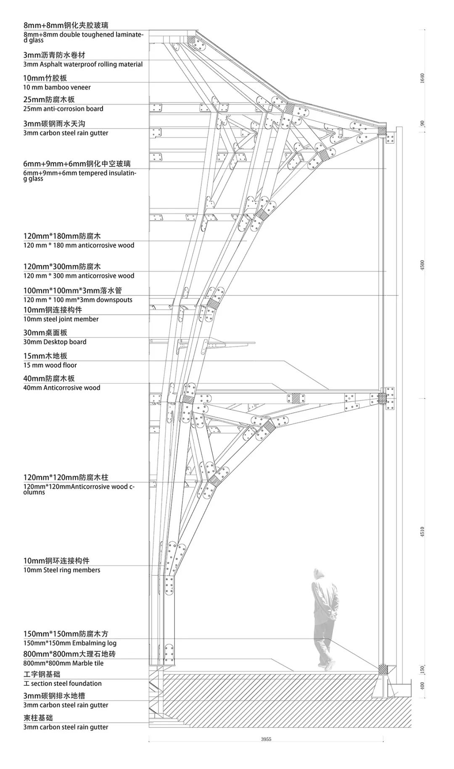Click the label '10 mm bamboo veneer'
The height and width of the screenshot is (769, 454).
(x=57, y=87)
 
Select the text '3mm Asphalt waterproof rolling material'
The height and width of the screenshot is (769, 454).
(x=83, y=64)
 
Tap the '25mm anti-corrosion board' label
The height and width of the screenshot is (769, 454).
(x=63, y=109)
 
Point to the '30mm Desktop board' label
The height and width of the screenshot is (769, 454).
(x=55, y=342)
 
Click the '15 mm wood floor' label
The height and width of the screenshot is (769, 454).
(x=50, y=365)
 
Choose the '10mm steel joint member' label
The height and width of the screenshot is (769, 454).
(x=61, y=319)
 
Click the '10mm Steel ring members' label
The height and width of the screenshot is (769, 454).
(x=62, y=570)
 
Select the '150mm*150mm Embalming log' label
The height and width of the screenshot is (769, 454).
(x=70, y=643)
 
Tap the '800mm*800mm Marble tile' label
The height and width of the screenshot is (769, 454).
(x=63, y=664)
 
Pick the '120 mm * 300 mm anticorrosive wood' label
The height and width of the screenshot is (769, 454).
(x=79, y=276)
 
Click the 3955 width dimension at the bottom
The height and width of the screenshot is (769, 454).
(x=266, y=751)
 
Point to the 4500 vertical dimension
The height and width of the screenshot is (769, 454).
(x=422, y=265)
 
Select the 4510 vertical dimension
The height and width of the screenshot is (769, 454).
(x=422, y=531)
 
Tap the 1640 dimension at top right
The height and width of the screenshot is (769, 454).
(x=422, y=78)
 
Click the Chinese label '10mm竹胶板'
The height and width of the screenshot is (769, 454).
(x=45, y=78)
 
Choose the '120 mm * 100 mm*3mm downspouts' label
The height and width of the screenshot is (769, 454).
(x=78, y=300)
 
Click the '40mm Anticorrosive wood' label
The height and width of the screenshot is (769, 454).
(x=62, y=388)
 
